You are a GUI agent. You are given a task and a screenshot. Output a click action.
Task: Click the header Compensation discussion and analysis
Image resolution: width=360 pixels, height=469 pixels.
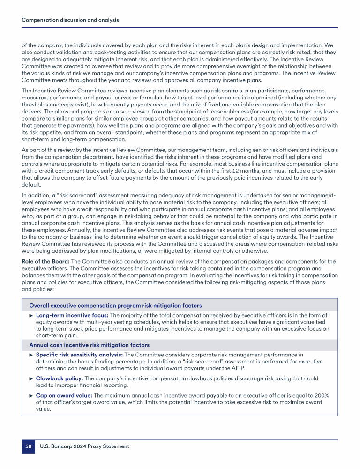(70, 20)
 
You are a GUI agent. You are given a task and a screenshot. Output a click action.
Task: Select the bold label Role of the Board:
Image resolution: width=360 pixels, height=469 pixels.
(45, 261)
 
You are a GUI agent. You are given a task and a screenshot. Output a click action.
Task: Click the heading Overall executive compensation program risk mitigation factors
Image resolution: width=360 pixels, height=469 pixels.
(115, 305)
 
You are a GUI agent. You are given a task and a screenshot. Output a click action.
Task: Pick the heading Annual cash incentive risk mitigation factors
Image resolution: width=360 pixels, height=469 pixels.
(90, 345)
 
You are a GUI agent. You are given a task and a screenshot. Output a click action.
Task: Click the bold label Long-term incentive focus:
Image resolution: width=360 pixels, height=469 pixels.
(72, 315)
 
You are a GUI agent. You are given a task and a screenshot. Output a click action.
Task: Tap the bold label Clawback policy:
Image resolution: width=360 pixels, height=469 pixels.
(59, 378)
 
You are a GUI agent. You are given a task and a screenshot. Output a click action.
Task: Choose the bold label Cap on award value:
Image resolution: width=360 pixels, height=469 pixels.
(65, 395)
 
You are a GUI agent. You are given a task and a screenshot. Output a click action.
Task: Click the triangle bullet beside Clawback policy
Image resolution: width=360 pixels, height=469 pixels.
(31, 378)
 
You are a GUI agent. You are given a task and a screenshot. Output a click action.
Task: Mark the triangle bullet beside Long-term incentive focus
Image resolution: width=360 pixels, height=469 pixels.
(31, 315)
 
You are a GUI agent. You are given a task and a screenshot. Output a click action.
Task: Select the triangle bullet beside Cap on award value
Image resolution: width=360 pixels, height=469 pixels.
(31, 395)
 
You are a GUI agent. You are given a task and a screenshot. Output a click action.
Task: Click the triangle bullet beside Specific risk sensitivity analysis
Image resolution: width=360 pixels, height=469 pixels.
(31, 355)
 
